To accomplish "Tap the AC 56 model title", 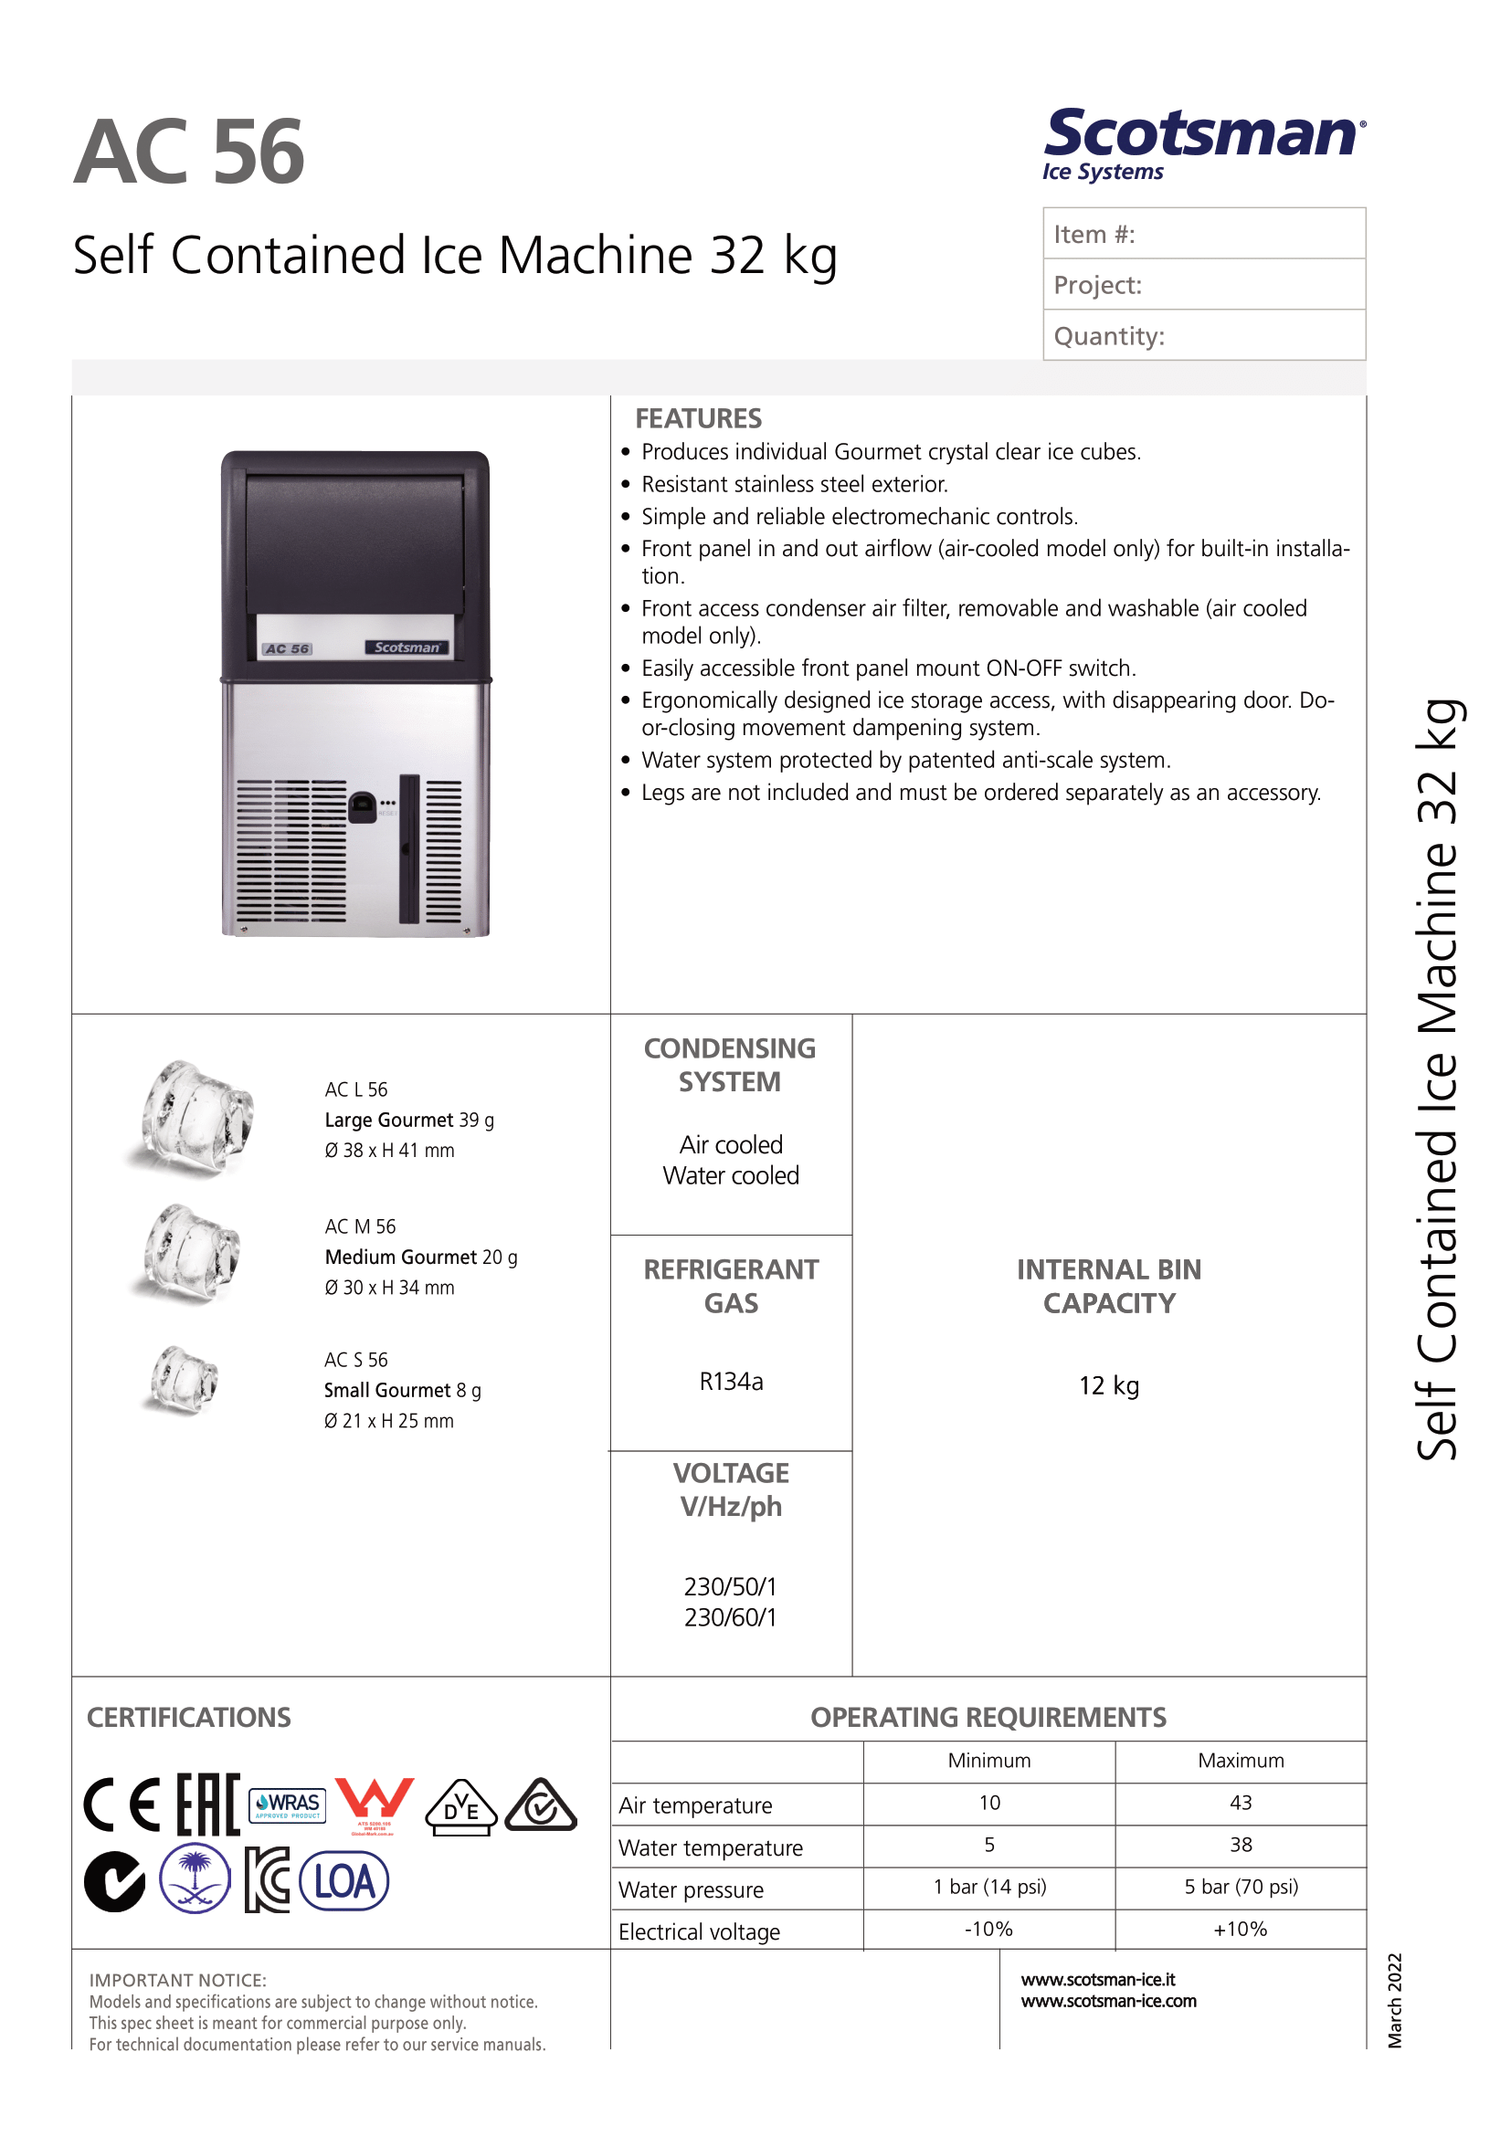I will pyautogui.click(x=189, y=153).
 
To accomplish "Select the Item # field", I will pyautogui.click(x=1204, y=234).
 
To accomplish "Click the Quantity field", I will pyautogui.click(x=1204, y=336).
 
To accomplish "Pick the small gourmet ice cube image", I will pyautogui.click(x=185, y=1381).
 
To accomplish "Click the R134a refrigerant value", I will pyautogui.click(x=732, y=1382).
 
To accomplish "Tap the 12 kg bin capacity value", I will pyautogui.click(x=1109, y=1385).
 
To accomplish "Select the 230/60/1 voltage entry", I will pyautogui.click(x=731, y=1617).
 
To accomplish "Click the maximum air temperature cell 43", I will pyautogui.click(x=1241, y=1803).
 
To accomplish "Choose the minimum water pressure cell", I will pyautogui.click(x=989, y=1887).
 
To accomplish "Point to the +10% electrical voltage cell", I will pyautogui.click(x=1241, y=1929).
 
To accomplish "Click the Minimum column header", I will pyautogui.click(x=989, y=1760).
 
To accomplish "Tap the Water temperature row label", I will pyautogui.click(x=711, y=1847).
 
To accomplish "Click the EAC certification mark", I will pyautogui.click(x=208, y=1805).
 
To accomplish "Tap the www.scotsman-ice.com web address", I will pyautogui.click(x=1108, y=2001).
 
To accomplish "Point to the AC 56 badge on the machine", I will pyautogui.click(x=287, y=648).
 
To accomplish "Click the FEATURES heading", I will pyautogui.click(x=698, y=418).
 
